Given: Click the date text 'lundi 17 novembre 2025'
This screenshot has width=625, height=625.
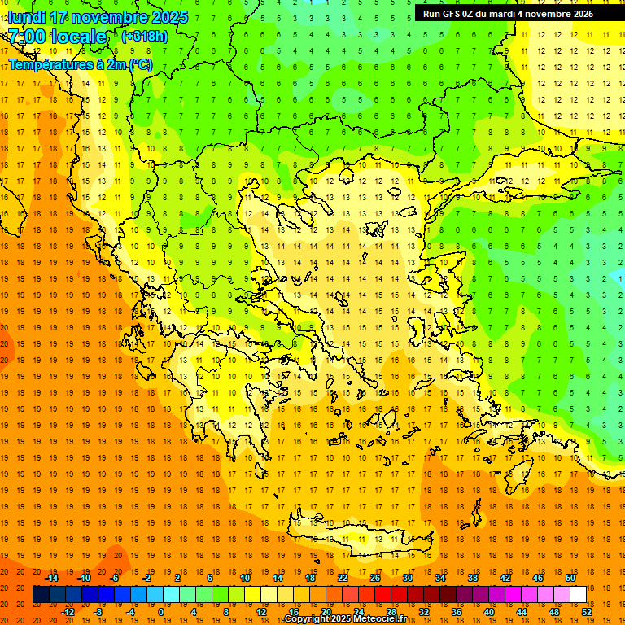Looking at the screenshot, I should tap(98, 17).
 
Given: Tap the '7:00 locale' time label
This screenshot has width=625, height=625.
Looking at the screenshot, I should tap(58, 37).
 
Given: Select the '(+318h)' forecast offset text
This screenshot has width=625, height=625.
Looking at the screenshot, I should tap(144, 37).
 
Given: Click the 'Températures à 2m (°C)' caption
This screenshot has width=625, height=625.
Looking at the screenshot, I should tap(80, 64).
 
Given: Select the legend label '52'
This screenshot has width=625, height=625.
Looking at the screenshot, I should tap(586, 611).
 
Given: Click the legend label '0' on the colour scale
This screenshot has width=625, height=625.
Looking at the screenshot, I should tap(161, 611).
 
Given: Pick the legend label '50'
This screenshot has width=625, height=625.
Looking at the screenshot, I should tap(570, 578).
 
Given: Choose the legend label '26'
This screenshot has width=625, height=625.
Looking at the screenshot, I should tap(375, 578).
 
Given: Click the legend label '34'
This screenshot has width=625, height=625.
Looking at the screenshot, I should tap(440, 578).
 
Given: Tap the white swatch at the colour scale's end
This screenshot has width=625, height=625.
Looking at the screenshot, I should tap(579, 594).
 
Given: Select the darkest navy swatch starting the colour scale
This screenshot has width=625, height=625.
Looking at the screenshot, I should tap(41, 594).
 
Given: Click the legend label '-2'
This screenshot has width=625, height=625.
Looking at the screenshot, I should tap(146, 578).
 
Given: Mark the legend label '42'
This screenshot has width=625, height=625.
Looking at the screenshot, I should tap(505, 578).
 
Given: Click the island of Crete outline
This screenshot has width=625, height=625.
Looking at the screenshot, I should tap(358, 544).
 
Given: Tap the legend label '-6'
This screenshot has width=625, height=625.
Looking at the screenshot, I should tap(115, 578).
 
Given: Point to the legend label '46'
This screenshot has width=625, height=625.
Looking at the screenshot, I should tap(538, 578).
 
